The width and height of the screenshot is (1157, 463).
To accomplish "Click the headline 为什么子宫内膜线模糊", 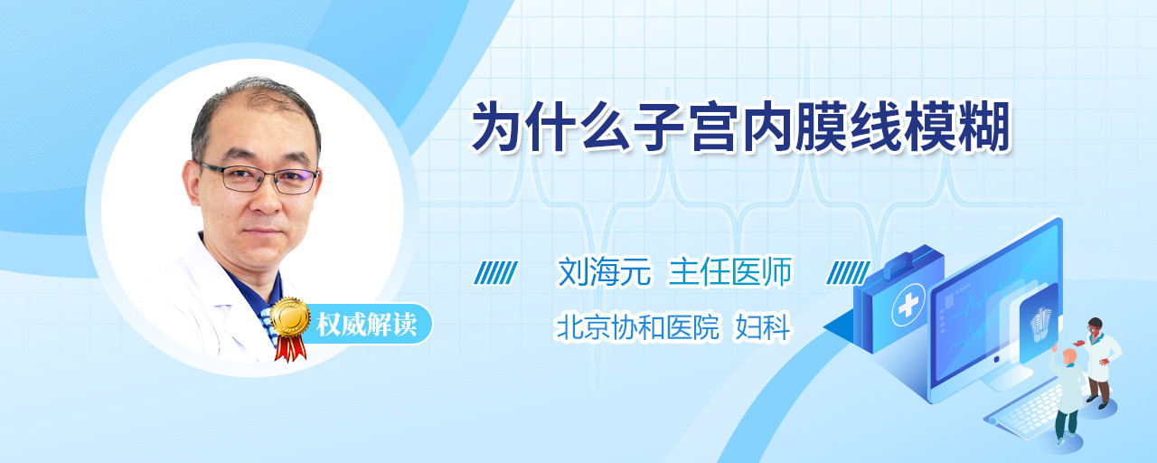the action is [x=740, y=127].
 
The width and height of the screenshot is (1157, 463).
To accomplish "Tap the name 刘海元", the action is [x=605, y=271].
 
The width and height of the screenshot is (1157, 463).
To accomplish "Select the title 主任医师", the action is [x=729, y=271].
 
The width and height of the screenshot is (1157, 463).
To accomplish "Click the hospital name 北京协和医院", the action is [x=637, y=326].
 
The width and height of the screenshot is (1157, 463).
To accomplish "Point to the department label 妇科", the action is [x=762, y=326].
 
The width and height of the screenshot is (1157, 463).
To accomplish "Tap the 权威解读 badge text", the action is [x=366, y=324].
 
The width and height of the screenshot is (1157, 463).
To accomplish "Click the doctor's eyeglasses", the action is [x=259, y=178].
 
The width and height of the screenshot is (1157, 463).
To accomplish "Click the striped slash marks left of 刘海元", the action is [x=495, y=272].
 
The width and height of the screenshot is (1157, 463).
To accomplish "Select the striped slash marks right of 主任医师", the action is [x=848, y=272].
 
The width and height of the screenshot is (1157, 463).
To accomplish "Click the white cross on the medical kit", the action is [x=908, y=306].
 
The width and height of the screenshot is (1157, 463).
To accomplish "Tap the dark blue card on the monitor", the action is [x=1039, y=323].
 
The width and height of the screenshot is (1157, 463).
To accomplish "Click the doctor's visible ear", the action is [x=192, y=182].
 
